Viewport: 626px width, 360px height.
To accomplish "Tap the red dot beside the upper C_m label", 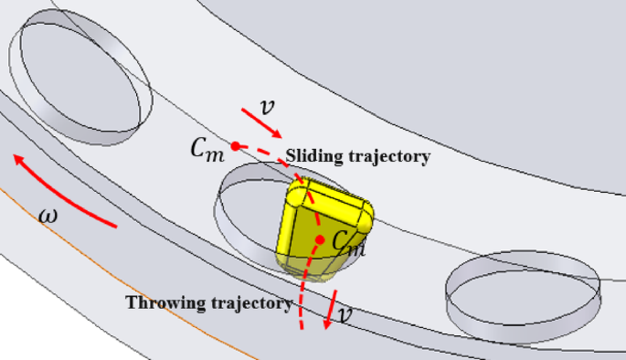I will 235,145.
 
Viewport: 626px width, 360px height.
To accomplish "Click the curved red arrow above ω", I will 64,191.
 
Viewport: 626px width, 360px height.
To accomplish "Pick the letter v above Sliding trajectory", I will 266,106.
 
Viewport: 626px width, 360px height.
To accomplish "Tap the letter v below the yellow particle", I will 343,316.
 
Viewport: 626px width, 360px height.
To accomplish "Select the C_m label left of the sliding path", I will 207,151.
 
